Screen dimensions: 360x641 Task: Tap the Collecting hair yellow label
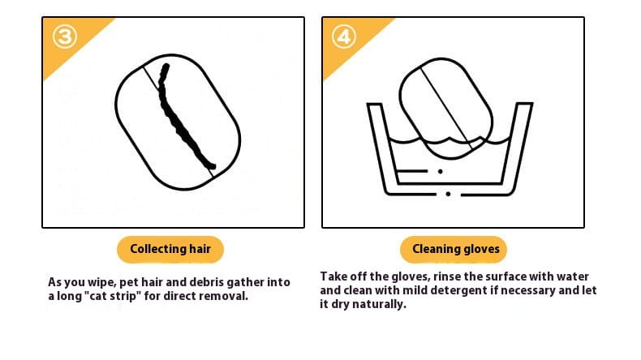(170, 249)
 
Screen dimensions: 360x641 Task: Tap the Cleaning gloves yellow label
(455, 249)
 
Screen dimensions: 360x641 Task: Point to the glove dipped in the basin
(445, 101)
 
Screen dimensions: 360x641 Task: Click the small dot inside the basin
(441, 171)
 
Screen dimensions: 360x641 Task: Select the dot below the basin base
(449, 195)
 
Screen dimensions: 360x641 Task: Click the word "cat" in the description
(107, 296)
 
